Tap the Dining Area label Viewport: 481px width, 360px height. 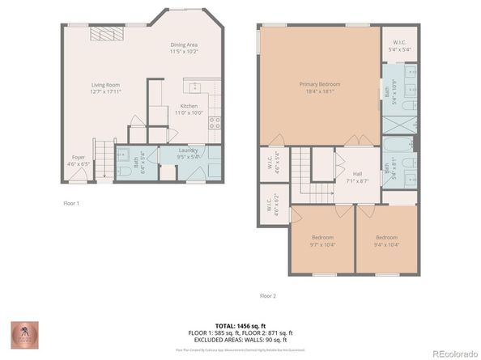pyautogui.click(x=185, y=44)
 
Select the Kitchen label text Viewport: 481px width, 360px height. pyautogui.click(x=189, y=106)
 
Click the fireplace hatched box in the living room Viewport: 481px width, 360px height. pyautogui.click(x=106, y=34)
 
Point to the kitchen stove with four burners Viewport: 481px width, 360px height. pyautogui.click(x=215, y=123)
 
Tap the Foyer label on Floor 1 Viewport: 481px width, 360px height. pyautogui.click(x=79, y=157)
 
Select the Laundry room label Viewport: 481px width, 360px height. pyautogui.click(x=189, y=150)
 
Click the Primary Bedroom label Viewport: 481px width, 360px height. pyautogui.click(x=319, y=84)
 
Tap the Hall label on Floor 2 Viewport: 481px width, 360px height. pyautogui.click(x=357, y=174)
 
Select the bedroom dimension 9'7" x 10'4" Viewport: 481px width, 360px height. pyautogui.click(x=321, y=244)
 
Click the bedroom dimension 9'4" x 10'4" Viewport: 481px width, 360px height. pyautogui.click(x=386, y=244)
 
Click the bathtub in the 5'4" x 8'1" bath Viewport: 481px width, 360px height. pyautogui.click(x=398, y=147)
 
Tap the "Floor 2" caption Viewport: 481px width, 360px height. pyautogui.click(x=268, y=296)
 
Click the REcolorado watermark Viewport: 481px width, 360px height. pyautogui.click(x=453, y=352)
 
